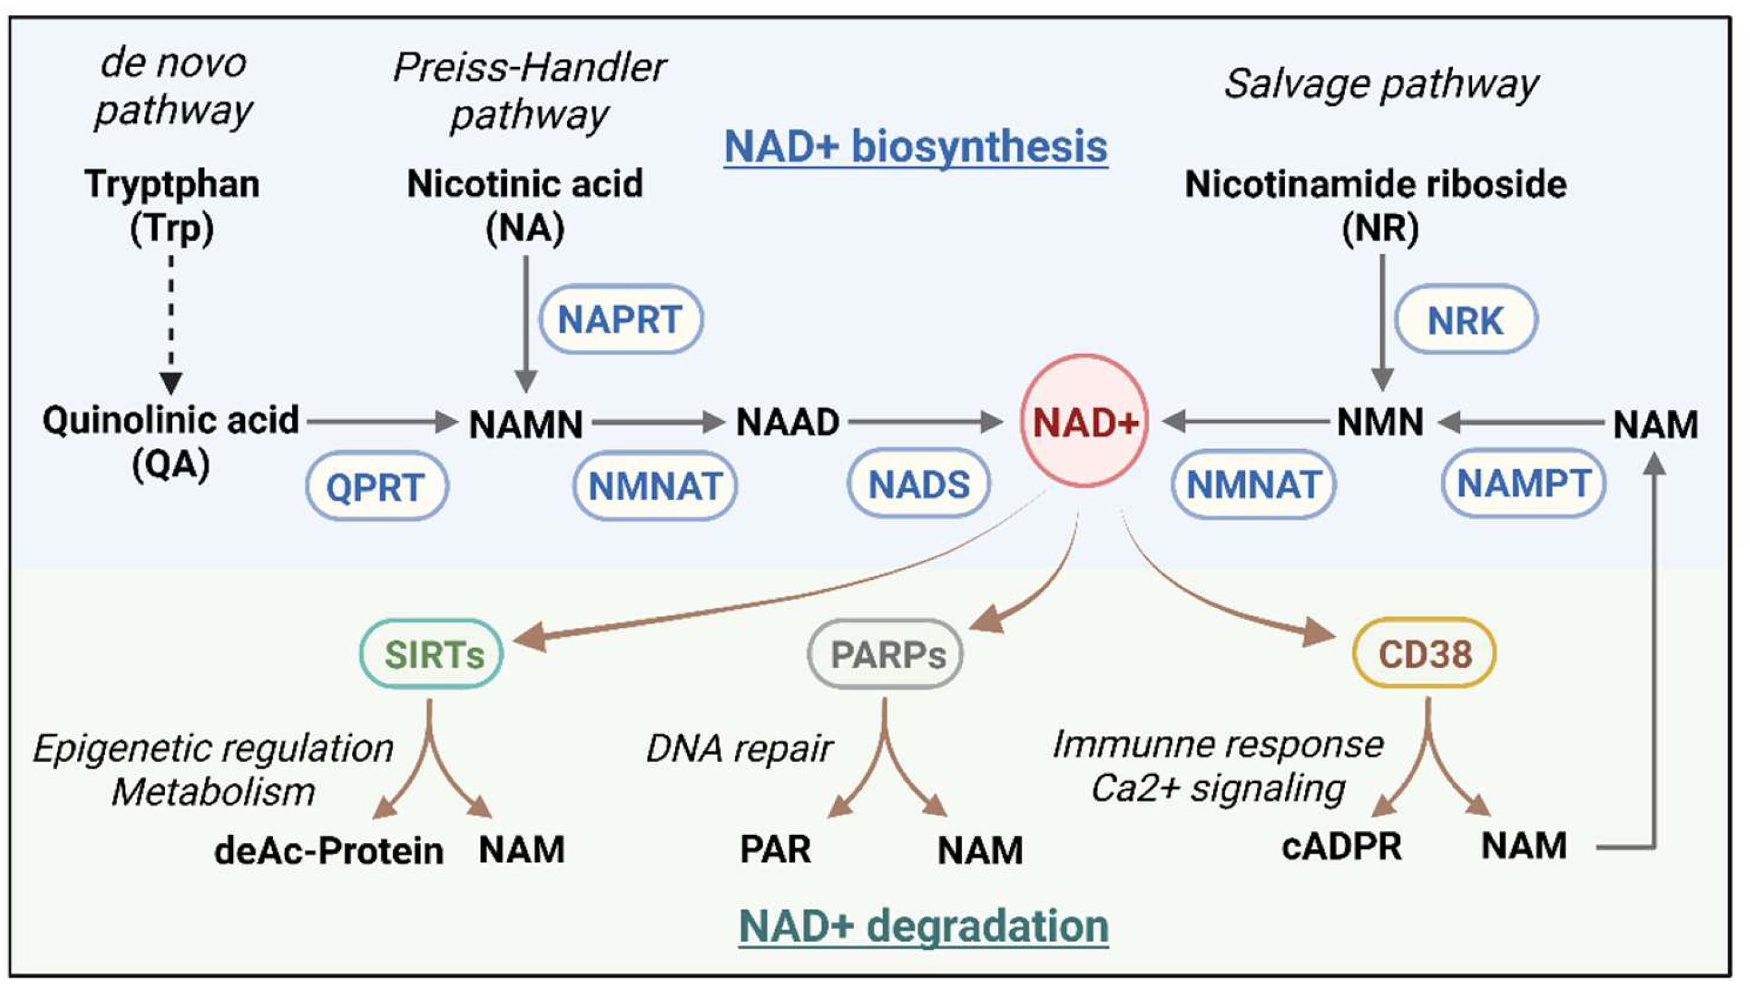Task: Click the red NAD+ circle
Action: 1085,421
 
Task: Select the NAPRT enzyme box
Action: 621,319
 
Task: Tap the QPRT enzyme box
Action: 377,486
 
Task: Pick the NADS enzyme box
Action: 919,484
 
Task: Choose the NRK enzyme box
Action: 1466,320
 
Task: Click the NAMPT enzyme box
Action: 1523,483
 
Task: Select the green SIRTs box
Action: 431,654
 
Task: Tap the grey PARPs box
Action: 885,654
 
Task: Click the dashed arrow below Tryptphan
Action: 171,323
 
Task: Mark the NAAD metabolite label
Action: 787,422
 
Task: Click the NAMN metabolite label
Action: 526,423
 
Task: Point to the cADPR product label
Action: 1342,847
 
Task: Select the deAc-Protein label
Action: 329,849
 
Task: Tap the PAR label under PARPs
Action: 775,849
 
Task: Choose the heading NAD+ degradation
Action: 923,926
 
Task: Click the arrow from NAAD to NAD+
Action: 925,422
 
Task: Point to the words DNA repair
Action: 739,749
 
